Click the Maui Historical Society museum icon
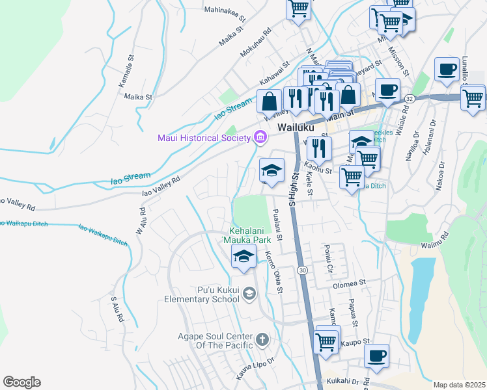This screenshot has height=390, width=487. point(260,137)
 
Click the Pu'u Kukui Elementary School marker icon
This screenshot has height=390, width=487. point(249,295)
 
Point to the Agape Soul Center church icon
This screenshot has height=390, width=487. point(262,340)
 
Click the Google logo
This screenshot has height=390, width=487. point(21,382)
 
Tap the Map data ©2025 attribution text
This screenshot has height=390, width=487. point(459,385)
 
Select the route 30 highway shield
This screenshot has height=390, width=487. point(302,270)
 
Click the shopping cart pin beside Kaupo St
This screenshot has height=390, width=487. point(326,341)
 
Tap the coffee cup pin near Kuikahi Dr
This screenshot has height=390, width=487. point(376,356)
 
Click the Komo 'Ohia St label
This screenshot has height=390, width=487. point(273,272)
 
